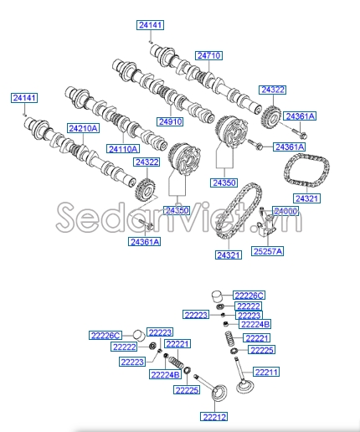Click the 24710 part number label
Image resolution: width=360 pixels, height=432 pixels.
(208, 55)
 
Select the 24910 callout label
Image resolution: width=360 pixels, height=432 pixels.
(170, 121)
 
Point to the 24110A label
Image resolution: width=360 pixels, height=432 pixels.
(123, 148)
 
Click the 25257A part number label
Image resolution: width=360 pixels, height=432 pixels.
(268, 250)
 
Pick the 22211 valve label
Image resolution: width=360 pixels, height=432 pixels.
(266, 372)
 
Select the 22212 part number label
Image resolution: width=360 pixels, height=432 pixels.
(214, 415)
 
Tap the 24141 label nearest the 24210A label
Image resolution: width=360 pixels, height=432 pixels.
(24, 98)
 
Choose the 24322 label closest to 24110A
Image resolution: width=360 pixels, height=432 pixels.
(147, 162)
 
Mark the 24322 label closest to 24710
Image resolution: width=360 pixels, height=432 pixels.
(272, 89)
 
